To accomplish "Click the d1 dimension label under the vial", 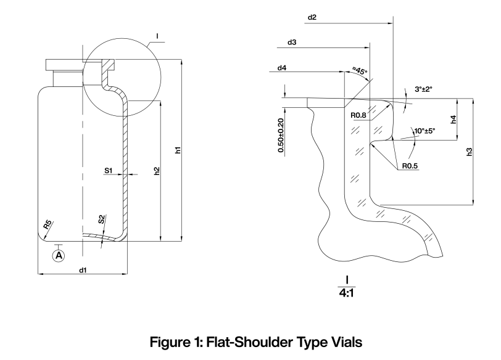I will (82, 269).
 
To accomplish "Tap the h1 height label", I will (178, 150).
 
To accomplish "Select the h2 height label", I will (157, 170).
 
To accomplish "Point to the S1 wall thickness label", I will (109, 170).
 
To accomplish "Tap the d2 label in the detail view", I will (312, 18).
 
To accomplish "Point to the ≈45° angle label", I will (360, 71).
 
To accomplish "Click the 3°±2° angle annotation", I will (423, 89).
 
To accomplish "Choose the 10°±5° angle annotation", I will (424, 131).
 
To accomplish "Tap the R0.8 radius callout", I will (359, 115).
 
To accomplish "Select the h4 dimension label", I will (453, 120).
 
